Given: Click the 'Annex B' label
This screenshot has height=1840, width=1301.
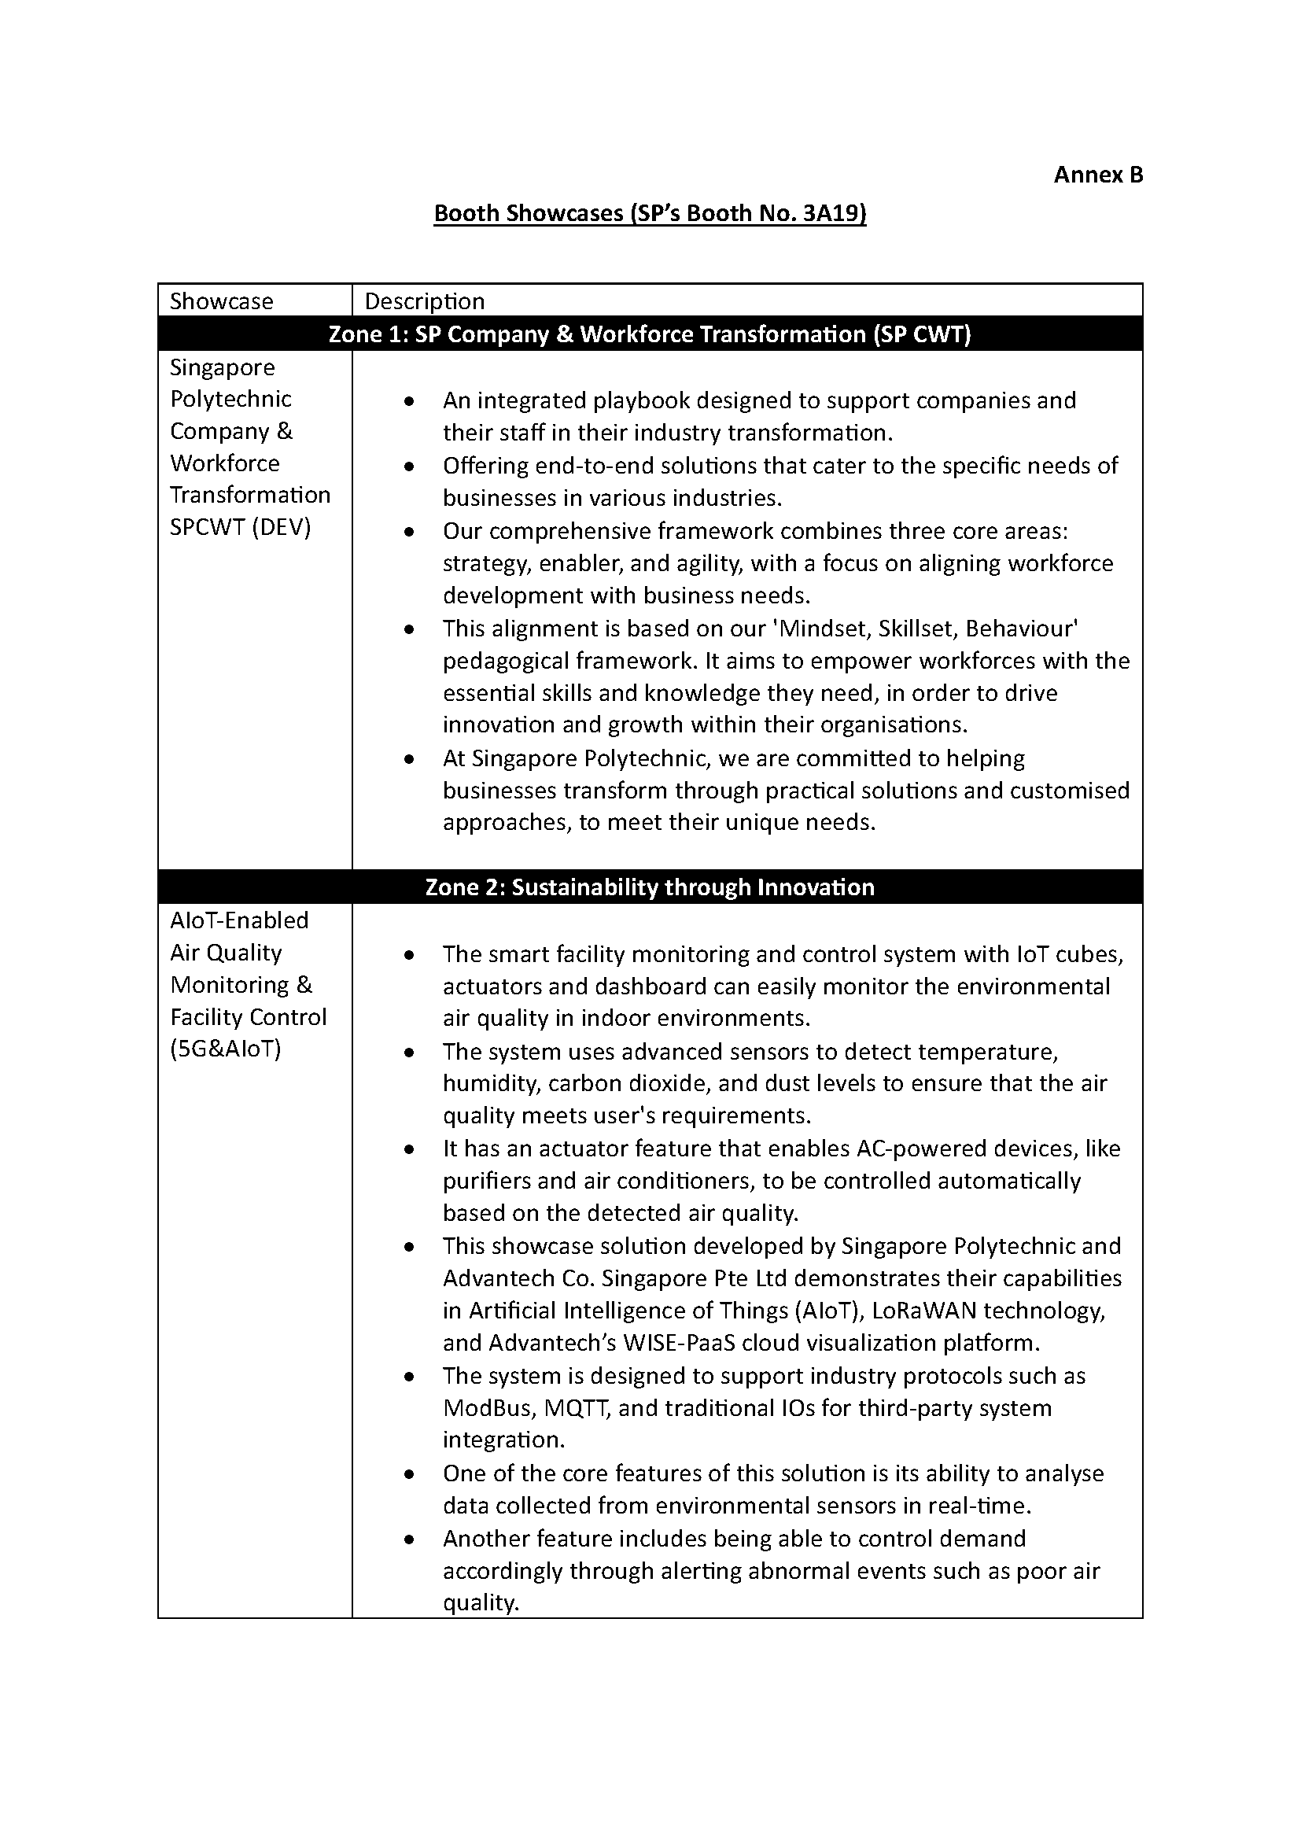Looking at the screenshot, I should coord(1097,175).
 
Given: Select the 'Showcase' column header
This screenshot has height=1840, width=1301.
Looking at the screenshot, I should coord(221,301).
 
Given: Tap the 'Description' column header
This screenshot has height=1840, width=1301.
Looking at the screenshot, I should coord(425,301).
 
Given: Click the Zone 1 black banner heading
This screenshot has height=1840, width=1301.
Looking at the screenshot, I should coord(650,334).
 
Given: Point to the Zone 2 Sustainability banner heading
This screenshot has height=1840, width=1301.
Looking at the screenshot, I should coord(650,887).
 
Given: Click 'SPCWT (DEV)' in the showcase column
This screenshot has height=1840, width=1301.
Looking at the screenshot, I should coord(241,527).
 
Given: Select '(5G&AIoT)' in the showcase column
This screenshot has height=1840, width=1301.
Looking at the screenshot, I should coord(226,1049).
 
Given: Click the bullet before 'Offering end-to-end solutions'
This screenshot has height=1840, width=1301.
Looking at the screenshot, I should coord(409,466).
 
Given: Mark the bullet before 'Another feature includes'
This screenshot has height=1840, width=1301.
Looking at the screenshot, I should coord(409,1539).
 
